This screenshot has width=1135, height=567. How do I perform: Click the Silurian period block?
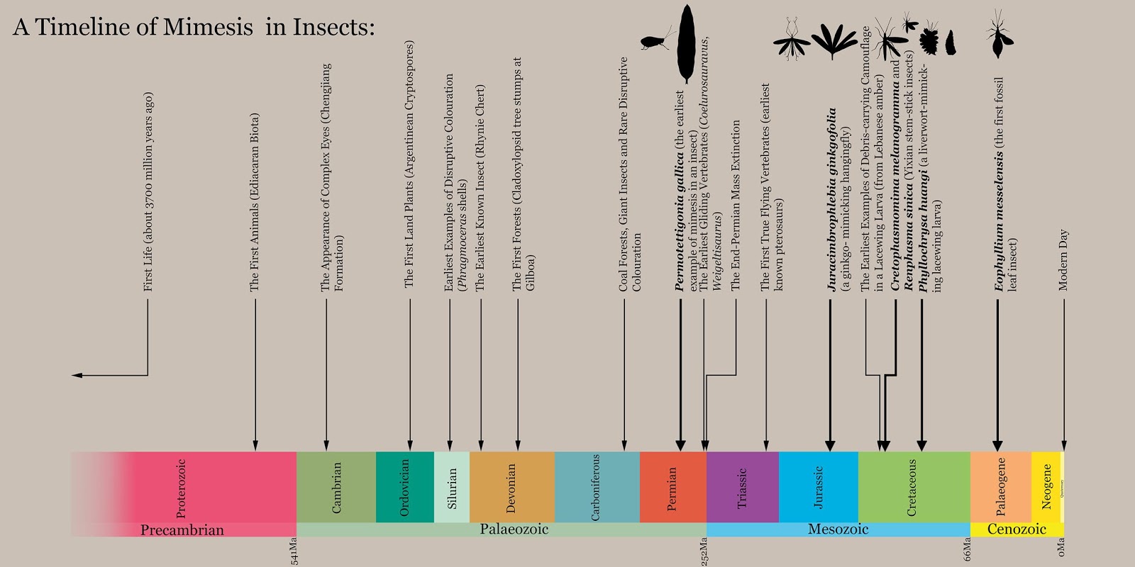(x=451, y=488)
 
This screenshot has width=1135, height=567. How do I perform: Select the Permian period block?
(x=672, y=488)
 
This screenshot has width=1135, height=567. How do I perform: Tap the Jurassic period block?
(x=818, y=488)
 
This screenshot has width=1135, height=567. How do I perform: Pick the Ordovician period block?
(x=404, y=488)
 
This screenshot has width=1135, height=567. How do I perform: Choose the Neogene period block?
(x=1046, y=488)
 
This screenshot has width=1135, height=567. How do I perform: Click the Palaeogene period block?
(x=1000, y=488)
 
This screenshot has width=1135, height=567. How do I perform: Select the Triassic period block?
(x=742, y=488)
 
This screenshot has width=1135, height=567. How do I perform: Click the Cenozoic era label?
(x=1017, y=529)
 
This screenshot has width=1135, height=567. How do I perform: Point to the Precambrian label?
(x=182, y=530)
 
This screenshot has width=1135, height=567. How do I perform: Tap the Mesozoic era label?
(x=838, y=529)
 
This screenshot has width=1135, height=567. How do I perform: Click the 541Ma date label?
(x=294, y=551)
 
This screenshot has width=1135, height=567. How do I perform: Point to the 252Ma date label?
(x=704, y=551)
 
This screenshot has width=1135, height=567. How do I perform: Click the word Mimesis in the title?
(x=208, y=27)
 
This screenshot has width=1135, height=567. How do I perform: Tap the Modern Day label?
(x=1063, y=259)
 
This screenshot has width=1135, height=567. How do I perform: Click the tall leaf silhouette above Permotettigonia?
(x=686, y=44)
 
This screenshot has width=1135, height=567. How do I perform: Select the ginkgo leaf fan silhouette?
(x=834, y=41)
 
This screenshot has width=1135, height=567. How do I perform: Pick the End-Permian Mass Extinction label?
(x=736, y=205)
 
